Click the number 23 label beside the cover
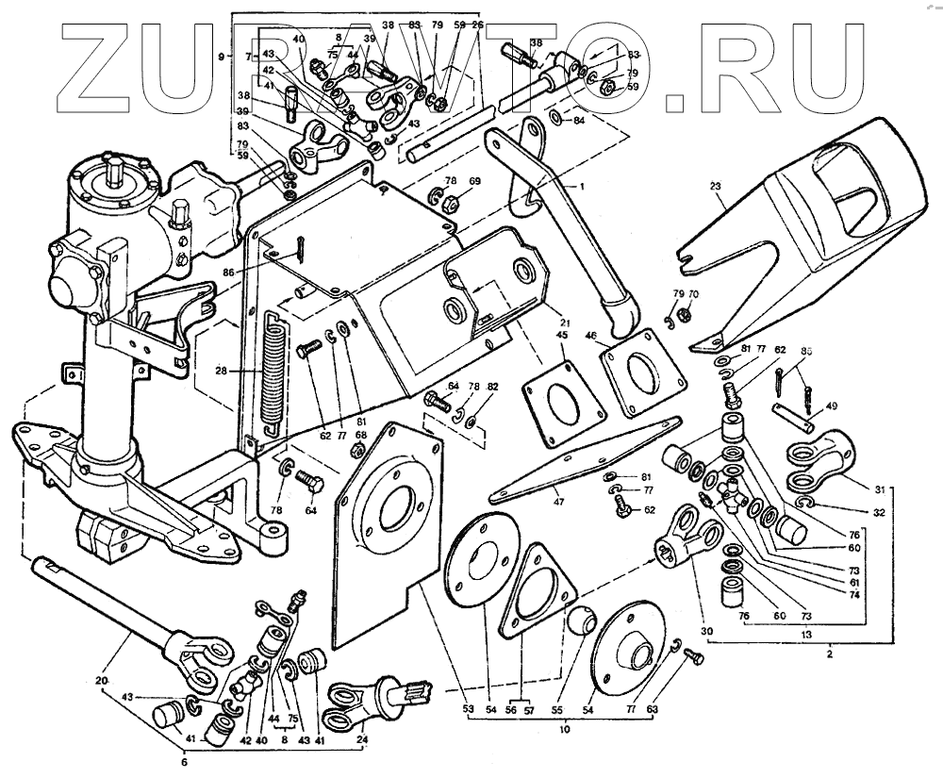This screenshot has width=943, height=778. [719, 187]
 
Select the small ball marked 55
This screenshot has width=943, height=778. [581, 622]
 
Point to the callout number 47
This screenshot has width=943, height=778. [560, 502]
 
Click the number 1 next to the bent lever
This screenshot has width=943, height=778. [582, 187]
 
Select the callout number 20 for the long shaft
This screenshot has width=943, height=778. [101, 681]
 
